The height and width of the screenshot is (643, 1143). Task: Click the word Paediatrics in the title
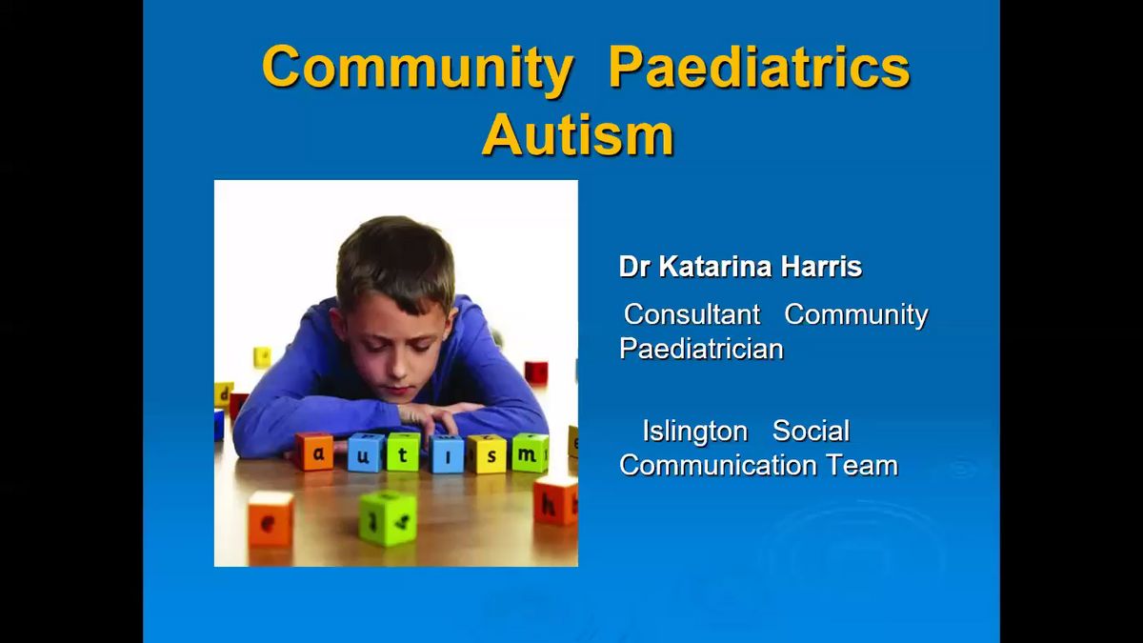coord(759,68)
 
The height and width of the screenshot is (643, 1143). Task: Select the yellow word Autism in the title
coord(578,134)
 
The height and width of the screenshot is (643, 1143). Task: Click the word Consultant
coord(692,313)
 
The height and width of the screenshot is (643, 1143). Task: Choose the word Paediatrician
coord(701,349)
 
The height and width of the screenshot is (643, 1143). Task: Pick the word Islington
coord(695,432)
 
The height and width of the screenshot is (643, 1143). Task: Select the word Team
coord(862,466)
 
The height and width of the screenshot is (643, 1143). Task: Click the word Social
coord(811,431)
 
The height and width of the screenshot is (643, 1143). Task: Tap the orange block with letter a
coord(314,452)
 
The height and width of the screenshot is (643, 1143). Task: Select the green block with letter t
coord(403,452)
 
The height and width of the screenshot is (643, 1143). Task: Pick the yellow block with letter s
coord(488,453)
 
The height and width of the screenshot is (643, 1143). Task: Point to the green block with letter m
coord(531,452)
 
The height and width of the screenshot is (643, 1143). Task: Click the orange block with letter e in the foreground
coord(271,519)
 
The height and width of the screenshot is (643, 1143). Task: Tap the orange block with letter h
coord(555,500)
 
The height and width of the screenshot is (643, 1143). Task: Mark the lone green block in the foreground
coord(388,518)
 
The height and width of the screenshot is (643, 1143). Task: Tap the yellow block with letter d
coord(224,394)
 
